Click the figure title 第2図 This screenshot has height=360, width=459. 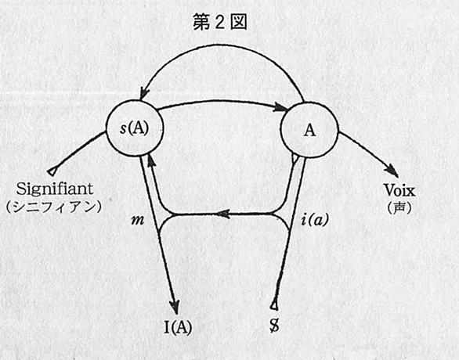point(220,23)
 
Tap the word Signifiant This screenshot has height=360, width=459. point(55,189)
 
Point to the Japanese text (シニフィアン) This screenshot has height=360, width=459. point(53,207)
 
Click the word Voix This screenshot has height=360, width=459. point(399,191)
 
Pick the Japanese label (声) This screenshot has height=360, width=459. point(399,207)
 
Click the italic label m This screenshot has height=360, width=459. point(138,220)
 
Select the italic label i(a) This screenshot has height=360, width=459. point(315,220)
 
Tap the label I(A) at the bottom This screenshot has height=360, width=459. point(178,327)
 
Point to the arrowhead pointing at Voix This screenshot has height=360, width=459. point(392,170)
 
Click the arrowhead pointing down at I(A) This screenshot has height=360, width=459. point(175,307)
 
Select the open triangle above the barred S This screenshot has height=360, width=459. point(274,305)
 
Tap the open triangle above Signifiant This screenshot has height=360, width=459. point(52,171)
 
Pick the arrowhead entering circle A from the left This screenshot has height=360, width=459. point(280,107)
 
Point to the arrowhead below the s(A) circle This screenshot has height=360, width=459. point(150,160)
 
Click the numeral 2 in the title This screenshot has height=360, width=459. point(220,23)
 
